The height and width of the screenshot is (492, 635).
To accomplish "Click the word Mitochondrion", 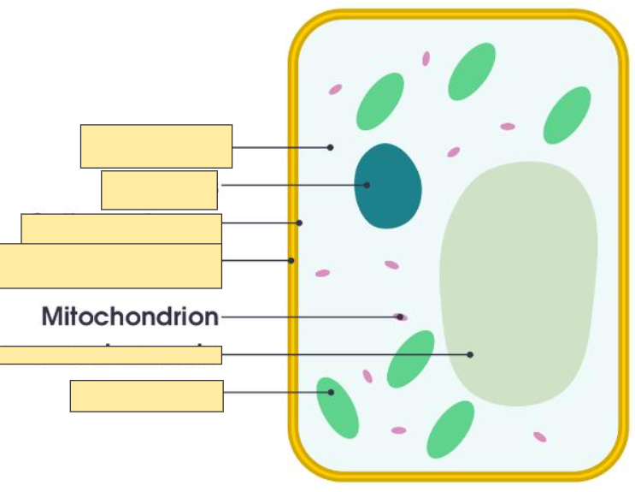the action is pyautogui.click(x=130, y=317).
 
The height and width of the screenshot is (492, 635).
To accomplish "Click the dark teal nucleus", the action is pyautogui.click(x=389, y=187).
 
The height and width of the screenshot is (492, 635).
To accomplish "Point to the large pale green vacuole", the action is pyautogui.click(x=518, y=282).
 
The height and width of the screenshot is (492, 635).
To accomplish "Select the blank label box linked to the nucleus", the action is pyautogui.click(x=159, y=190).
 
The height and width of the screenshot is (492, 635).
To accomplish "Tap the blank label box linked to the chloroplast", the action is pyautogui.click(x=146, y=396).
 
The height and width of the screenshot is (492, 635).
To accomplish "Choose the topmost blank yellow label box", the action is pyautogui.click(x=156, y=146).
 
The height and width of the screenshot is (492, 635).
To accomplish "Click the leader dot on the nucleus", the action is pyautogui.click(x=367, y=185).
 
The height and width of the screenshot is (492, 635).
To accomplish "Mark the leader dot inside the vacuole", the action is pyautogui.click(x=470, y=354).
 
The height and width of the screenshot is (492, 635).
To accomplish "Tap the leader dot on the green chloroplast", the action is pyautogui.click(x=331, y=393).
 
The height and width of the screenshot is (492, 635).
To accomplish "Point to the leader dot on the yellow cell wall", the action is pyautogui.click(x=291, y=260).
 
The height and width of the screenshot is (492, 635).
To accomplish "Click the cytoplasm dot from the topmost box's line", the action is pyautogui.click(x=331, y=147).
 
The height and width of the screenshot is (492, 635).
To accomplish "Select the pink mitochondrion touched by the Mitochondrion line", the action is pyautogui.click(x=401, y=317).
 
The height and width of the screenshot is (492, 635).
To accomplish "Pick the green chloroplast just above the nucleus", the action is pyautogui.click(x=380, y=101).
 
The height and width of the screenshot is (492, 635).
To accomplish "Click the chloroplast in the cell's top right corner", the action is pyautogui.click(x=567, y=116).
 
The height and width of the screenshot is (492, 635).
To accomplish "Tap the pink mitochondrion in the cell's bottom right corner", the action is pyautogui.click(x=539, y=437).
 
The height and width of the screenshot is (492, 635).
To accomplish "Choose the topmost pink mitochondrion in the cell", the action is pyautogui.click(x=426, y=58).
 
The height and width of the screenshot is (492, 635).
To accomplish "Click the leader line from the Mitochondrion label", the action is pyautogui.click(x=308, y=317).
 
